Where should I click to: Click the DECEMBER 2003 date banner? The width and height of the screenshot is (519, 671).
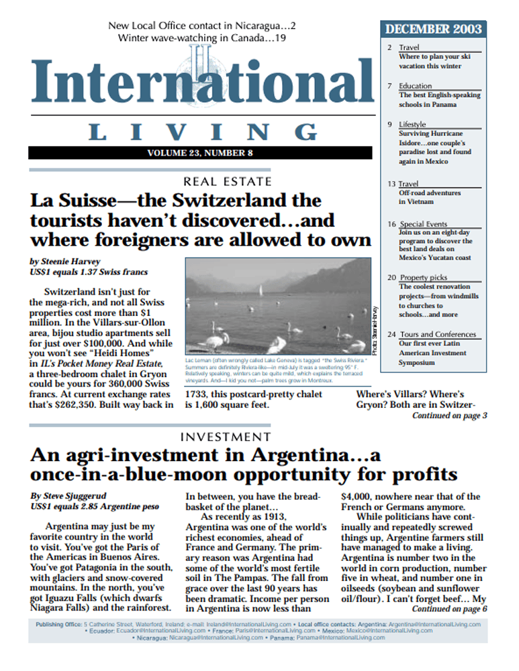(x=434, y=29)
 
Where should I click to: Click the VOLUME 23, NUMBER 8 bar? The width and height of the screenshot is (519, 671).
(x=199, y=153)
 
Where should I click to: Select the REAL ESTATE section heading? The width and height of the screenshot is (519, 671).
(x=228, y=181)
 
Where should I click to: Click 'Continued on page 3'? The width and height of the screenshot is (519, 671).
(x=449, y=416)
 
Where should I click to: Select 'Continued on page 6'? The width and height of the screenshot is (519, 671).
(x=449, y=609)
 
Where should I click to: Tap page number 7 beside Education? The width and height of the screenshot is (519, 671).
(x=389, y=86)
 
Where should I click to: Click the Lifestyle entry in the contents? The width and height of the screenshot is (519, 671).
(x=412, y=124)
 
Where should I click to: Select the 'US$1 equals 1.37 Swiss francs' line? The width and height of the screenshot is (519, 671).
(x=89, y=272)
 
